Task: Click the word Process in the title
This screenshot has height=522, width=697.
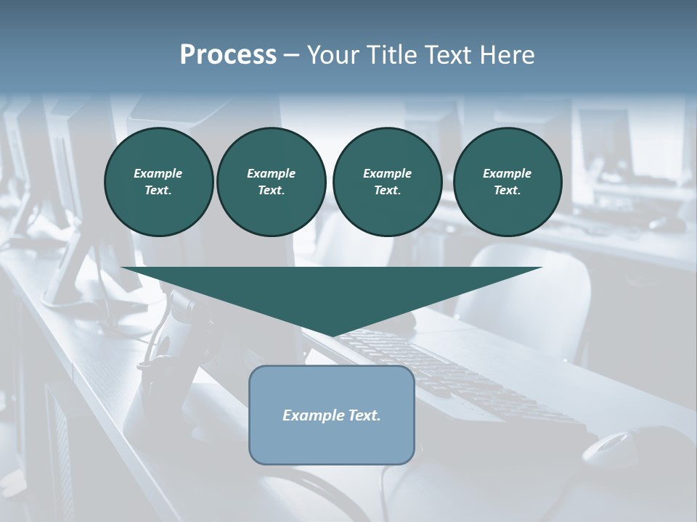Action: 228,55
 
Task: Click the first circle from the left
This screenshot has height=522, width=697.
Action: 158,181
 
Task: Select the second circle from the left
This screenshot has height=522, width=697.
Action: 271,181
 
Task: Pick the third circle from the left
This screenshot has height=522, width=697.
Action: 387,181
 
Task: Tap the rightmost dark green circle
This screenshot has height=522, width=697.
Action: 507,181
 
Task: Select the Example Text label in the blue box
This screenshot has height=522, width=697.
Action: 331,415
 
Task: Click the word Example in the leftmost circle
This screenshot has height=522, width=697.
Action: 158,173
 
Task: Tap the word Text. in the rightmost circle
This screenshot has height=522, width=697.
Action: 507,190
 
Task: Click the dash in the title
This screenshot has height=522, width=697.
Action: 292,55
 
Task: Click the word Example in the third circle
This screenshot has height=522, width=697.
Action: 387,173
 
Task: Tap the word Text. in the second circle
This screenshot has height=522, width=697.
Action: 271,190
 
